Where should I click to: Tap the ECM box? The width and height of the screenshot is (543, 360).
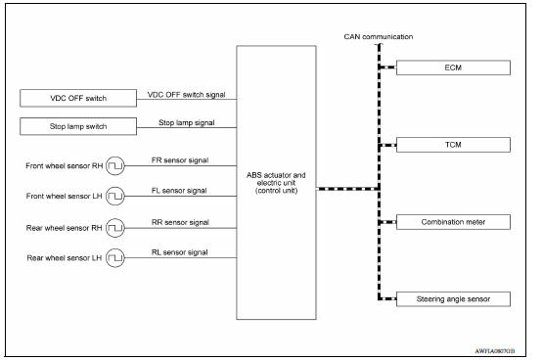coord(453,68)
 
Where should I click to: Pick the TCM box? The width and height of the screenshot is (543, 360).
coord(453,145)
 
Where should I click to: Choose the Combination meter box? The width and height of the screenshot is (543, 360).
coord(453,221)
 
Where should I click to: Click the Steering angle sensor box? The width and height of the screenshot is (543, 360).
coord(453,297)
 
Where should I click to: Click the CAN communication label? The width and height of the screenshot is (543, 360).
coord(379,36)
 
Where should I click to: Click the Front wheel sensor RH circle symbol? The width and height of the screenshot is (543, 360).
coord(114,164)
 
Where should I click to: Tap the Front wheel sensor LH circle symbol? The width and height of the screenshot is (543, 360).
coord(114,196)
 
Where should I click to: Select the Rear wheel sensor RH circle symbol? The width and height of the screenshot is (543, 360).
coord(114,228)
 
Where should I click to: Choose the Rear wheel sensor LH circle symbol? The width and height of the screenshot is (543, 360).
coord(114,259)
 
